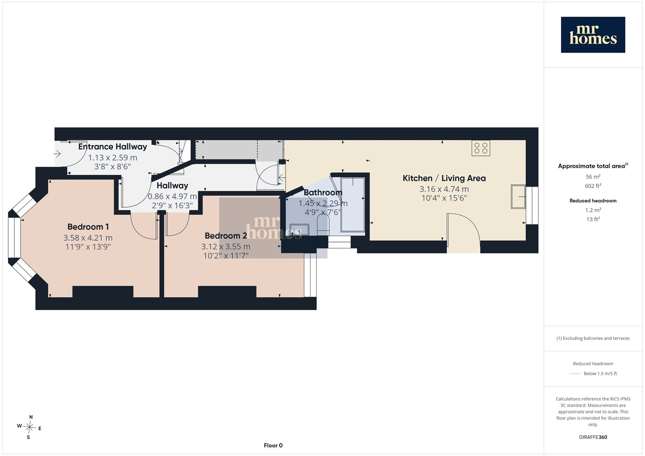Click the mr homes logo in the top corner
point(593,35)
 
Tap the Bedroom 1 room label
point(88,227)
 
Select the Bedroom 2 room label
point(226,235)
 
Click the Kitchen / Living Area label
point(444,179)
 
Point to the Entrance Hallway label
point(113,147)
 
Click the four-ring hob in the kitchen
point(481,148)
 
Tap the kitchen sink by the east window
point(518,197)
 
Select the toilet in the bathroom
point(323,225)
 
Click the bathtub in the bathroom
point(353,204)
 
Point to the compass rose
point(29,427)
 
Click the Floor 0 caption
point(273,445)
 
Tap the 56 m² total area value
point(593,177)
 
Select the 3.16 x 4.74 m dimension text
point(444,189)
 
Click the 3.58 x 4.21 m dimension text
point(88,238)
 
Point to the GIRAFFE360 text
point(593,437)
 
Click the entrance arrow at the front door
point(57,154)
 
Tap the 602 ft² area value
point(593,186)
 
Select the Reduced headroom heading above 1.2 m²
point(593,201)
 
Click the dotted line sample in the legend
point(575,374)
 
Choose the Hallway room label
point(172,186)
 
